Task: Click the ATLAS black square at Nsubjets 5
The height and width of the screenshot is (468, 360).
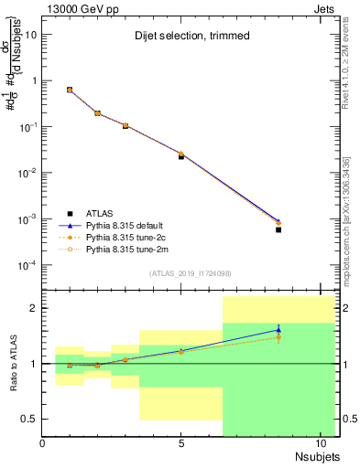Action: point(181,156)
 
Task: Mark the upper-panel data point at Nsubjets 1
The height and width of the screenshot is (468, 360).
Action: point(70,90)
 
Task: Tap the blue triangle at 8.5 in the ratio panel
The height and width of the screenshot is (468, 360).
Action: point(278,330)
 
